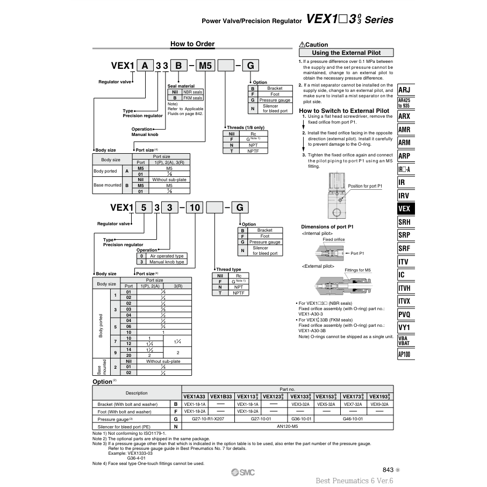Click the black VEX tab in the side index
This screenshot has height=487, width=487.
pyautogui.click(x=404, y=209)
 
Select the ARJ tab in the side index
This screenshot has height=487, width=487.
pyautogui.click(x=404, y=90)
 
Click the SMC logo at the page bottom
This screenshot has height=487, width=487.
pyautogui.click(x=243, y=471)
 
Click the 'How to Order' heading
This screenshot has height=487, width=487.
pyautogui.click(x=192, y=44)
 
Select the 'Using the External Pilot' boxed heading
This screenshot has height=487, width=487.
pyautogui.click(x=346, y=53)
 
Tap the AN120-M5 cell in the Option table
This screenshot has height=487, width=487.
pyautogui.click(x=287, y=426)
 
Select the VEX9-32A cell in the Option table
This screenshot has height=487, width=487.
pyautogui.click(x=379, y=404)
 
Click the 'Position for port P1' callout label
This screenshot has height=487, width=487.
pyautogui.click(x=364, y=186)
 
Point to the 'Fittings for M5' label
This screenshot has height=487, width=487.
pyautogui.click(x=357, y=270)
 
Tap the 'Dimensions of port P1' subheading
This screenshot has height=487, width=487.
pyautogui.click(x=327, y=227)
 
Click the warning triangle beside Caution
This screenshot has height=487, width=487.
pyautogui.click(x=302, y=45)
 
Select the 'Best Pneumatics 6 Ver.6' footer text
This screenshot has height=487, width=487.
pyautogui.click(x=355, y=481)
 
